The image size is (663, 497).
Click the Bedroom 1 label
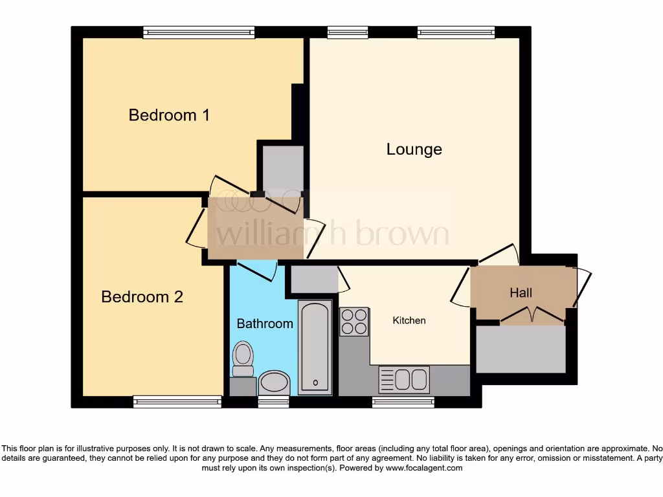[x=169, y=115]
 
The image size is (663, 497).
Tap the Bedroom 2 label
[x=142, y=297]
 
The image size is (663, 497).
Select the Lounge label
[x=414, y=149]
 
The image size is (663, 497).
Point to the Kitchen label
[x=409, y=320]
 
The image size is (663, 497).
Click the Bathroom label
[x=264, y=324]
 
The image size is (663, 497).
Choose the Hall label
[x=521, y=293]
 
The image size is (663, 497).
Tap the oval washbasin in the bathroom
[x=275, y=382]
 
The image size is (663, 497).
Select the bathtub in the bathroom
[x=315, y=347]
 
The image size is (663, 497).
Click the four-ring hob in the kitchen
[x=354, y=321]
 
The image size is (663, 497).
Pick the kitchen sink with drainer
[x=404, y=379]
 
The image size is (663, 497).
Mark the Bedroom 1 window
[x=199, y=32]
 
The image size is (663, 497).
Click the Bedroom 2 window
[x=177, y=402]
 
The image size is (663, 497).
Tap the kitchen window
[x=403, y=402]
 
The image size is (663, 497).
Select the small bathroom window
[x=273, y=402]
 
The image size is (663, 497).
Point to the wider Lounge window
[x=456, y=32]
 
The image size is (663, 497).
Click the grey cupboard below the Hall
[x=521, y=349]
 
